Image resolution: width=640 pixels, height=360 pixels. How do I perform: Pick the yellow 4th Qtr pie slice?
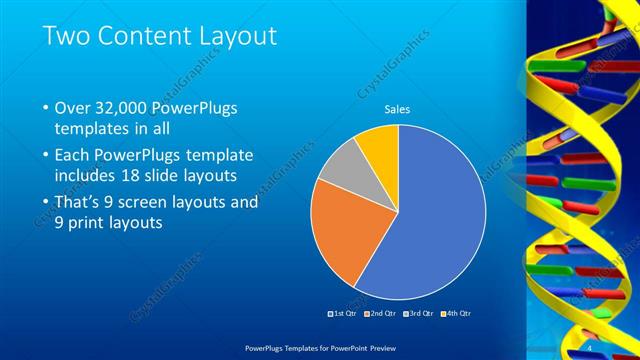click(380, 144)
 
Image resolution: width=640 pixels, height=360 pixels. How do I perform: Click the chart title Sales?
click(398, 109)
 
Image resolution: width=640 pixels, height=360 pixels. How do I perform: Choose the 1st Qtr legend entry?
click(343, 314)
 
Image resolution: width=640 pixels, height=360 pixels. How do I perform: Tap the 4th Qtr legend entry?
click(456, 314)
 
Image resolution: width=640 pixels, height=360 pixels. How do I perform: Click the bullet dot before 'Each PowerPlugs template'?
click(46, 156)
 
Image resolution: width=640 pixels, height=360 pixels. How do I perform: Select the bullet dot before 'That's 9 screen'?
click(46, 203)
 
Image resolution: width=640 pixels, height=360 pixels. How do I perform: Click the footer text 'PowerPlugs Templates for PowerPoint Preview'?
click(319, 346)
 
